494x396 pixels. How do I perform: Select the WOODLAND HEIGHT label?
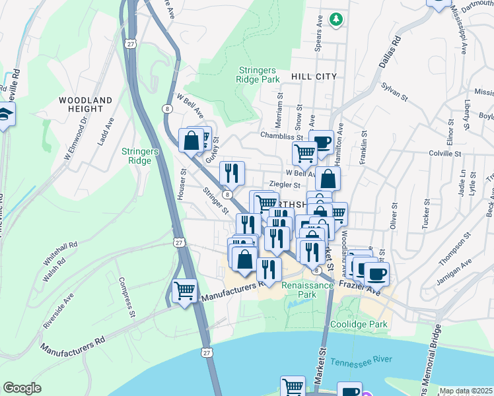coord(85,104)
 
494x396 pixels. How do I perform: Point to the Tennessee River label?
coord(361,362)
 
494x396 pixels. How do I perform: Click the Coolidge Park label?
coord(359,324)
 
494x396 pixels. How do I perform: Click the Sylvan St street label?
coord(394,94)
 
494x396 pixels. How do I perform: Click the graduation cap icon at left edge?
coord(5,114)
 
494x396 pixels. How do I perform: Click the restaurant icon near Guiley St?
coord(231,173)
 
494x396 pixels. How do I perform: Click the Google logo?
coord(22,388)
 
